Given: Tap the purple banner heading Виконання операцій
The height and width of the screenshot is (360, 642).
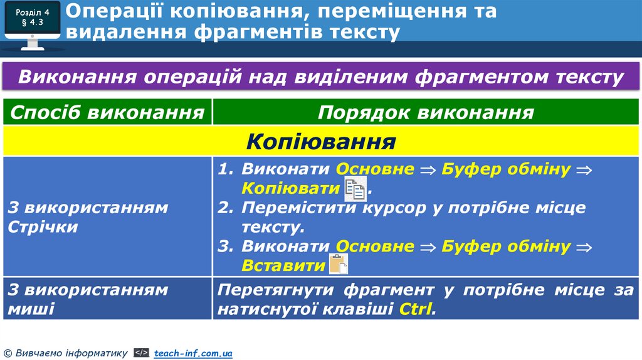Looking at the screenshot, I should click(320, 78).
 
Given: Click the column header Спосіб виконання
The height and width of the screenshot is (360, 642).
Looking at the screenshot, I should click(107, 113).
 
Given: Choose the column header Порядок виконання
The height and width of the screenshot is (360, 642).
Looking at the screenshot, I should click(426, 113).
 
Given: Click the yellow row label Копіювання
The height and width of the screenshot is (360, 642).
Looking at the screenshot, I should click(320, 141).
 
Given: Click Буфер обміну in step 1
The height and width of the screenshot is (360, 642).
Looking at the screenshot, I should click(506, 169).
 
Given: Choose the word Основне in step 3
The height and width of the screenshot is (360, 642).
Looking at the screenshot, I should click(375, 246).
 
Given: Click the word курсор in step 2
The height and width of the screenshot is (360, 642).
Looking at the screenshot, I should click(395, 208).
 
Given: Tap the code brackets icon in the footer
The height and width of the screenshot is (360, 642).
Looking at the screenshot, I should click(142, 353).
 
